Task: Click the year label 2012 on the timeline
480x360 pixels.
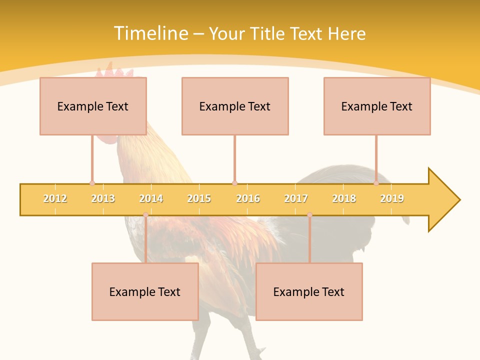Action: (x=55, y=198)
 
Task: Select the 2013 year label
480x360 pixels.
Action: (x=103, y=198)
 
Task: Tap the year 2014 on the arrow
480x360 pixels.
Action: (x=151, y=198)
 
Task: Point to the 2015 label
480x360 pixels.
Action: (x=199, y=198)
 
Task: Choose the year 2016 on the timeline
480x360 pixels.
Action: (x=248, y=198)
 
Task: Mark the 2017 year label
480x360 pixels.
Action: (x=296, y=198)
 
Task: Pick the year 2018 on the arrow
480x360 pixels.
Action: (x=344, y=198)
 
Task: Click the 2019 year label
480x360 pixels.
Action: (x=392, y=198)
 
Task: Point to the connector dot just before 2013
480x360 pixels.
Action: (x=92, y=183)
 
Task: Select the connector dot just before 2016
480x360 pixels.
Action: (x=234, y=183)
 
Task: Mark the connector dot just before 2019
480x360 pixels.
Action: (x=376, y=183)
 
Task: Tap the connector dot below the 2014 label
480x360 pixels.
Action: (x=145, y=215)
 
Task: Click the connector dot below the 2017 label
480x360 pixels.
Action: (x=309, y=215)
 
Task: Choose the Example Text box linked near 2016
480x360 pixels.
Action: (x=235, y=106)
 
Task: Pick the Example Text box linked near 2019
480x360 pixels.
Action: (x=377, y=106)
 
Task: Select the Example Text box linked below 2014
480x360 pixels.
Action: (x=145, y=291)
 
